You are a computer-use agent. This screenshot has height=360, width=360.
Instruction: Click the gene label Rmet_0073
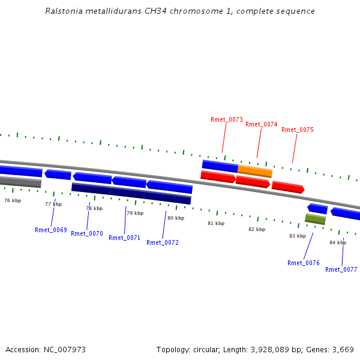(227, 119)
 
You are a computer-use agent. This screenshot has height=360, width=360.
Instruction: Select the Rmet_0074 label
(261, 124)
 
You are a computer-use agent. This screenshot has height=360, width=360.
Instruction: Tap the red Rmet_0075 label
(297, 130)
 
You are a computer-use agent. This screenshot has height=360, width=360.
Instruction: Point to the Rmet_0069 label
(51, 230)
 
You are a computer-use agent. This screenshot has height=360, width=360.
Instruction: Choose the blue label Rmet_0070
(87, 233)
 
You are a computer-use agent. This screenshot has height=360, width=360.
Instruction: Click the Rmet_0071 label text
(124, 238)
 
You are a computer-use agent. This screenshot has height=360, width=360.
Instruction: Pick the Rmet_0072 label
(163, 242)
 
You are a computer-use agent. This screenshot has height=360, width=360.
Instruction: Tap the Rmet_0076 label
(304, 263)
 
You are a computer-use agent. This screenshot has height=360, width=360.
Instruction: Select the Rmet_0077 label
(341, 269)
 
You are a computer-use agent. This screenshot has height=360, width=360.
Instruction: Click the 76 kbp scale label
(13, 200)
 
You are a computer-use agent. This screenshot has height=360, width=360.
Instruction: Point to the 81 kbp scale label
(216, 223)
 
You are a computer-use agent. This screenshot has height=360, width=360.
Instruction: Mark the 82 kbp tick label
(257, 229)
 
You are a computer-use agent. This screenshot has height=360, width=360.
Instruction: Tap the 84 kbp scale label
(338, 242)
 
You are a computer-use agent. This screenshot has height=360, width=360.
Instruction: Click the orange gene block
(255, 172)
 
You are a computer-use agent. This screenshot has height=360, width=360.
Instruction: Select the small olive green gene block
(315, 219)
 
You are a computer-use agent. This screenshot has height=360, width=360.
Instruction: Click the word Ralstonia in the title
(63, 11)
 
